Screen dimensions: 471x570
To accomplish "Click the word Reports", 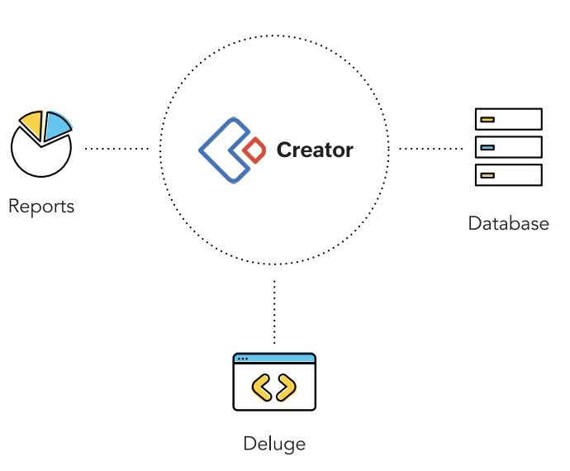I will pyautogui.click(x=41, y=206).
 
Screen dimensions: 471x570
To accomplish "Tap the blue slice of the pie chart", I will pyautogui.click(x=56, y=126).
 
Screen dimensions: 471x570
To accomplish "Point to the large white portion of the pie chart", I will pyautogui.click(x=40, y=157).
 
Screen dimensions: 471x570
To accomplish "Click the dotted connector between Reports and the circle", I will pyautogui.click(x=116, y=150).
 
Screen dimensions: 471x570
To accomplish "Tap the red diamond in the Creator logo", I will pyautogui.click(x=255, y=150).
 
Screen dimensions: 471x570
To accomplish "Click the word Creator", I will pyautogui.click(x=315, y=150).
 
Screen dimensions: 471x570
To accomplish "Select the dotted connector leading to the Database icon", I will pyautogui.click(x=430, y=150).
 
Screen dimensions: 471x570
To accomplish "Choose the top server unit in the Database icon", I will pyautogui.click(x=508, y=119).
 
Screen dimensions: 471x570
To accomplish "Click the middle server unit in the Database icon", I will pyautogui.click(x=508, y=147).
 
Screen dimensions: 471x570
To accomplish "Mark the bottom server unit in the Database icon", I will pyautogui.click(x=508, y=175).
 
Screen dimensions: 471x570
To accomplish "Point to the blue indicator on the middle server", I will pyautogui.click(x=487, y=147).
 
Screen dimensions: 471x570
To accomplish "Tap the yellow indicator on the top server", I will pyautogui.click(x=487, y=119).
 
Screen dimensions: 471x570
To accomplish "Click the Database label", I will pyautogui.click(x=508, y=223).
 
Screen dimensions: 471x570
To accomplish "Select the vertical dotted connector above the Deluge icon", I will pyautogui.click(x=274, y=312).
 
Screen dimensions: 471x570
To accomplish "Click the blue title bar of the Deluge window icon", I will pyautogui.click(x=274, y=359).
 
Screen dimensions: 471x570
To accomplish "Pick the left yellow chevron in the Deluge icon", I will pyautogui.click(x=261, y=388).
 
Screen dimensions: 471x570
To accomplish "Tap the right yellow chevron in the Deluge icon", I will pyautogui.click(x=287, y=388).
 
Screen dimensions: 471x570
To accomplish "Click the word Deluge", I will pyautogui.click(x=274, y=444).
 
